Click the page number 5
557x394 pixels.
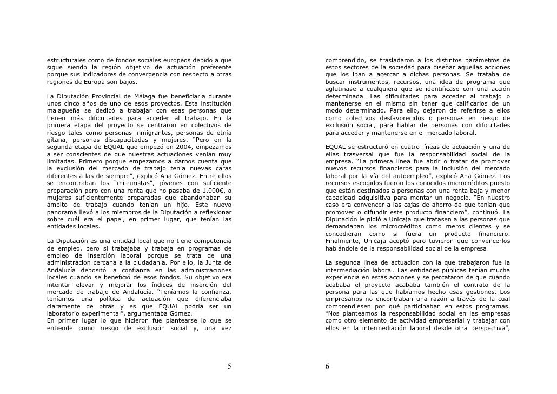(229, 366)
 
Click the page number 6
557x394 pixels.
(327, 366)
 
